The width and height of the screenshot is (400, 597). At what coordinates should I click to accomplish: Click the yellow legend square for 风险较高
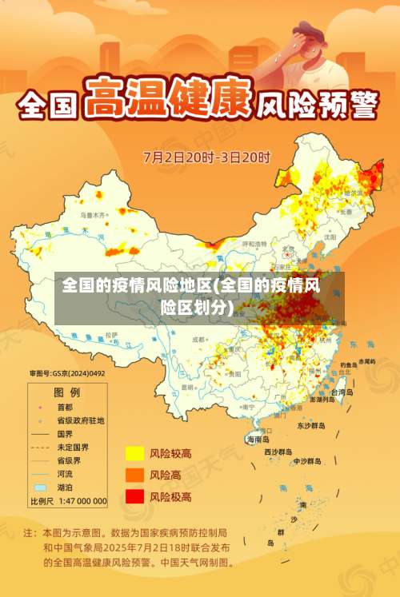[134, 453]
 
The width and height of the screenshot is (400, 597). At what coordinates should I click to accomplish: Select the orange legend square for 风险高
[134, 475]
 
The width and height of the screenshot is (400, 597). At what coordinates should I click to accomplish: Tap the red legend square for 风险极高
[134, 496]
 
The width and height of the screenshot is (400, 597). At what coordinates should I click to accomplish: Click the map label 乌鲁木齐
[92, 215]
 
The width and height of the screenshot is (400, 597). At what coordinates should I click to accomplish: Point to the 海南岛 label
[258, 439]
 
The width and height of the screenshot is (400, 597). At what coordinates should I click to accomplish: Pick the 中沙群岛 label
[306, 461]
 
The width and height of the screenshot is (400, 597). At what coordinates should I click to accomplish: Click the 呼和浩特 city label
[254, 243]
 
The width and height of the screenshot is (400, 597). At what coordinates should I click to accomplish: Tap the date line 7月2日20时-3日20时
[206, 157]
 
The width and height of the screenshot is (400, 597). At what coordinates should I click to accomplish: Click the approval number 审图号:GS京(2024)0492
[67, 373]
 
